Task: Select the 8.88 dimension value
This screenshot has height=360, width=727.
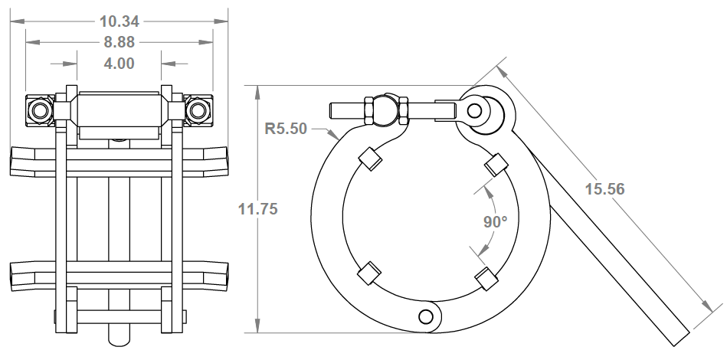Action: click(x=120, y=42)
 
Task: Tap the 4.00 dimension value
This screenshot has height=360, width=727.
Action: click(x=120, y=64)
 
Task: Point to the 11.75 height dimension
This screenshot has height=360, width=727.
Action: click(x=258, y=208)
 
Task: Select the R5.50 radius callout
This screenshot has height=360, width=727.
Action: click(x=286, y=128)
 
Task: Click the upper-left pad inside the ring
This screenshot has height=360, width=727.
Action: click(x=371, y=159)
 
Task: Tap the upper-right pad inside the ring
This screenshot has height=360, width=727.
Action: click(x=496, y=164)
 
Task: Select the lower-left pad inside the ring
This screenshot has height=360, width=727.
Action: click(x=369, y=272)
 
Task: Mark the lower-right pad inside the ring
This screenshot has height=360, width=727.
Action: click(x=486, y=279)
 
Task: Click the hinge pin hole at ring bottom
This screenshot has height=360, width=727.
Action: click(x=426, y=316)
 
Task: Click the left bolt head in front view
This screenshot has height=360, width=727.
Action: click(x=38, y=111)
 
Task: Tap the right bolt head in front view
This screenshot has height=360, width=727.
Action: click(x=198, y=111)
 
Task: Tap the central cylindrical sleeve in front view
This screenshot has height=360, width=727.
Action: click(x=119, y=110)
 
